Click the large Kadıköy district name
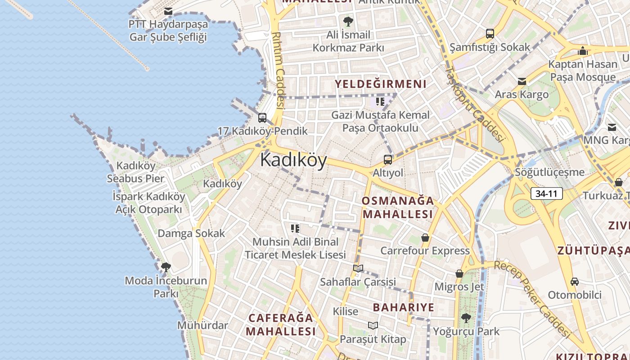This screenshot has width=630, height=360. (x=293, y=160)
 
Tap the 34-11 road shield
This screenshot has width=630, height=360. (x=547, y=194)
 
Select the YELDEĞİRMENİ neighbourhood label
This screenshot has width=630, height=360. (x=380, y=84)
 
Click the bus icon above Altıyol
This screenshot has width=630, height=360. (x=387, y=159)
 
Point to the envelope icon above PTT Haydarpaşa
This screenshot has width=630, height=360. (x=168, y=11)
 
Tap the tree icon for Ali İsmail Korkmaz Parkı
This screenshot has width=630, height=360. (x=348, y=21)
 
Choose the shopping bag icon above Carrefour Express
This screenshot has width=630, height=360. (x=425, y=238)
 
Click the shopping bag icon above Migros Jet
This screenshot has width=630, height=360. (x=459, y=274)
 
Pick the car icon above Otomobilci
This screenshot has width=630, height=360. (x=574, y=282)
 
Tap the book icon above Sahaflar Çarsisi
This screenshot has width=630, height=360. (x=358, y=269)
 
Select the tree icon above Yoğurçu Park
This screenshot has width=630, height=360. (x=466, y=318)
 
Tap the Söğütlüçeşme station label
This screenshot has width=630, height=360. (x=550, y=172)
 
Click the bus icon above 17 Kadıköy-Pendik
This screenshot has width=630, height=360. (x=262, y=118)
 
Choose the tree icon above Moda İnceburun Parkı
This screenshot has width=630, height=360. (x=166, y=267)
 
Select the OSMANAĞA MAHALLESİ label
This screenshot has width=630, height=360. (x=398, y=207)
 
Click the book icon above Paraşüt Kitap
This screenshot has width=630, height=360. (x=373, y=325)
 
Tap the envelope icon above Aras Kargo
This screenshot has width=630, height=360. (x=522, y=81)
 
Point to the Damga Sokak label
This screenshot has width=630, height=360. (x=191, y=234)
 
